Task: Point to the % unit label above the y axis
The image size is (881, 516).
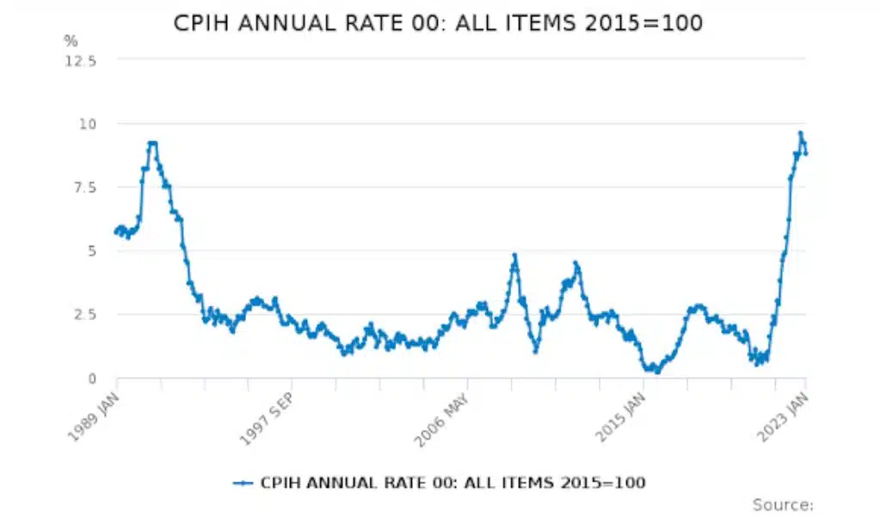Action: [x=71, y=40]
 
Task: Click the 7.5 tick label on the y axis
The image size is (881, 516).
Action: [x=83, y=187]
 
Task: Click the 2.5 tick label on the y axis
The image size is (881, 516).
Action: [x=83, y=314]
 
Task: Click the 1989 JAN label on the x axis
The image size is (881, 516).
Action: [x=95, y=415]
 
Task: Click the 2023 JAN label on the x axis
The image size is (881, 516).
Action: [x=784, y=415]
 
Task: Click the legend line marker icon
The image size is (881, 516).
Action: [x=243, y=482]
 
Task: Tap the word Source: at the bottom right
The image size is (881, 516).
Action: [x=782, y=505]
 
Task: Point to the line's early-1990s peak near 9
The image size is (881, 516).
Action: [x=152, y=143]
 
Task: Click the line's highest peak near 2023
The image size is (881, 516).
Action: [x=800, y=133]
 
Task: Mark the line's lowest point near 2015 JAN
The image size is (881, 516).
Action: [x=656, y=372]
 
